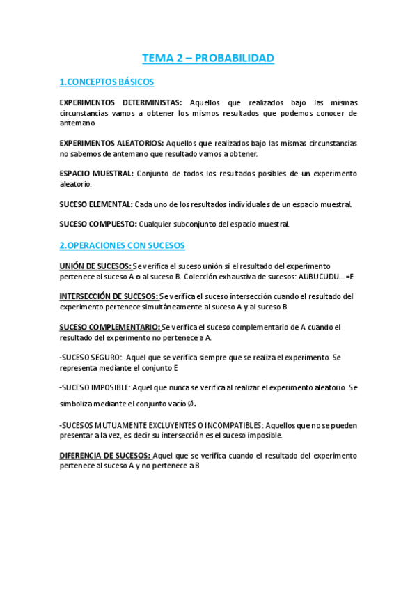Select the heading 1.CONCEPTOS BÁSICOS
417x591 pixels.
pyautogui.click(x=107, y=82)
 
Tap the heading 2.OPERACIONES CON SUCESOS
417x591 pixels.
pyautogui.click(x=122, y=245)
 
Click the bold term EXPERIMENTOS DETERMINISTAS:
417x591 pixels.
pyautogui.click(x=121, y=102)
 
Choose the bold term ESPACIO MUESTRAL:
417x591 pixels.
pyautogui.click(x=96, y=174)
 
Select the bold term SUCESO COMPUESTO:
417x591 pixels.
pyautogui.click(x=97, y=224)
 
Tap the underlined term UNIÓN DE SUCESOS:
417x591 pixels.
pyautogui.click(x=95, y=266)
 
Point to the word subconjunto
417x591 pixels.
pyautogui.click(x=192, y=224)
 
